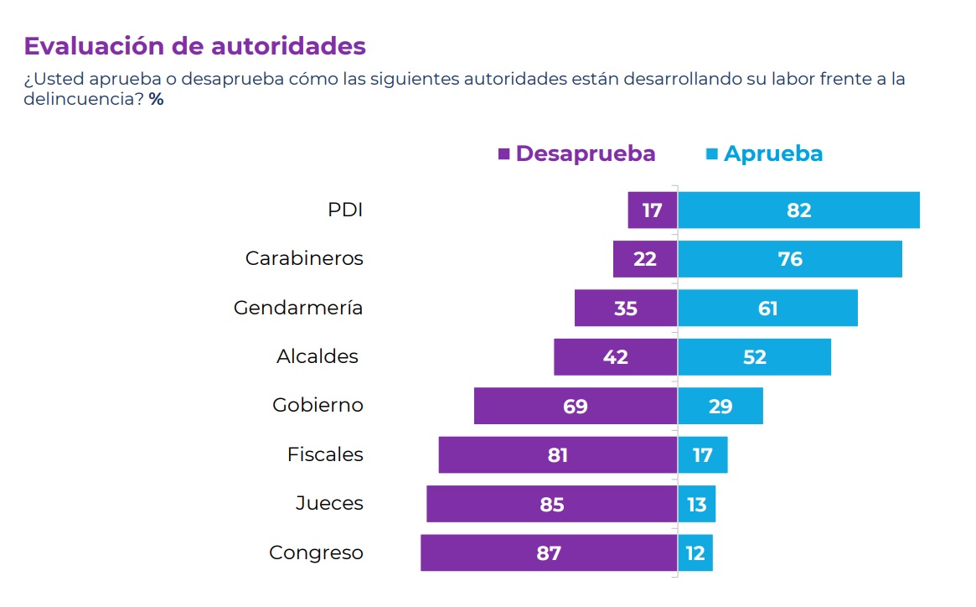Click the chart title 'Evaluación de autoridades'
pyautogui.click(x=194, y=45)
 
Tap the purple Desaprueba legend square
pyautogui.click(x=504, y=154)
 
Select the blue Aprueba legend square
pyautogui.click(x=712, y=154)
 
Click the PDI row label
pyautogui.click(x=345, y=210)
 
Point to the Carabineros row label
pyautogui.click(x=304, y=258)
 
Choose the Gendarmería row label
pyautogui.click(x=298, y=308)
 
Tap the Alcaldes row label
pyautogui.click(x=318, y=356)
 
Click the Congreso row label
pyautogui.click(x=316, y=553)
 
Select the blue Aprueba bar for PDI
pyautogui.click(x=798, y=210)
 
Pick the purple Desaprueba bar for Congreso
pyautogui.click(x=549, y=553)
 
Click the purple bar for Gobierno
pyautogui.click(x=576, y=406)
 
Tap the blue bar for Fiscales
pyautogui.click(x=702, y=455)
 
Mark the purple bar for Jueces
pyautogui.click(x=551, y=504)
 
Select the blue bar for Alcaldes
pyautogui.click(x=754, y=357)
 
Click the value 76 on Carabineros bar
pyautogui.click(x=790, y=259)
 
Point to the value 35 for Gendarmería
pyautogui.click(x=625, y=309)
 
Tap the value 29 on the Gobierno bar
pyautogui.click(x=720, y=407)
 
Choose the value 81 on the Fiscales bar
pyautogui.click(x=557, y=455)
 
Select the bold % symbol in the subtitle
pyautogui.click(x=157, y=99)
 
